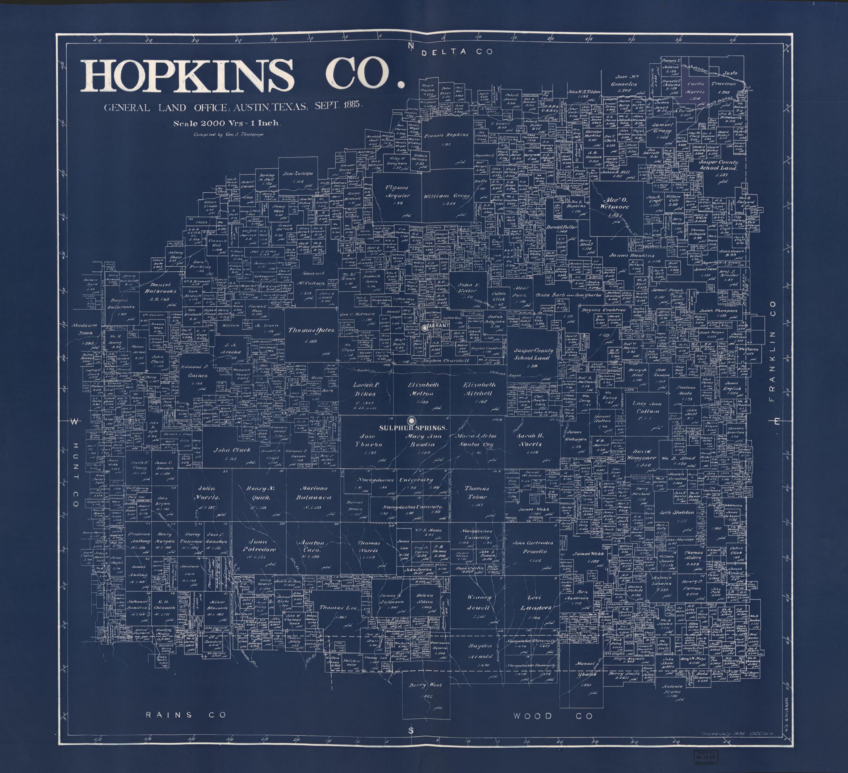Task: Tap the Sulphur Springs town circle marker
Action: click(411, 419)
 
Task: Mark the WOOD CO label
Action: click(552, 716)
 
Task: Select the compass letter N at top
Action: click(411, 45)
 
